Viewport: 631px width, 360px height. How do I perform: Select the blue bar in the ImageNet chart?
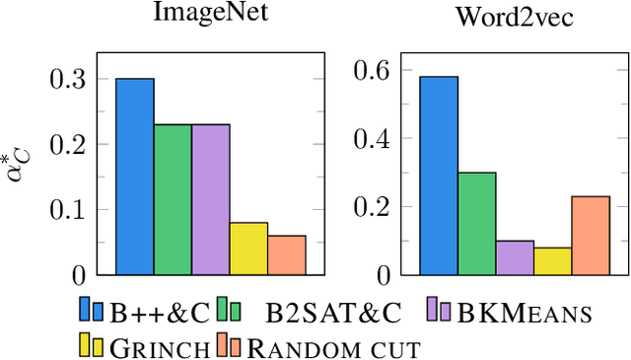coord(135,176)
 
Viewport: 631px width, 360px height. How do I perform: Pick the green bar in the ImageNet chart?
coord(173,199)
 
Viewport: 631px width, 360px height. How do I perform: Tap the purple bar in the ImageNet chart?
coord(211,199)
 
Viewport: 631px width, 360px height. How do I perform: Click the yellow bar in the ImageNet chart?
coord(248,249)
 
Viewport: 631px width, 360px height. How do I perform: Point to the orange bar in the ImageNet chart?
coord(287,254)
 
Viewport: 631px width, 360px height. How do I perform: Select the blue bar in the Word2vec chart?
coord(439,176)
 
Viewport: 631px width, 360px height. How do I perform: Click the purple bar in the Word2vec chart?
coord(515,257)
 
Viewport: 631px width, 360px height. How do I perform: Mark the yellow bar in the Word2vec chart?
coord(553,260)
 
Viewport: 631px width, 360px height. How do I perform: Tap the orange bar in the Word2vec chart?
coord(591,235)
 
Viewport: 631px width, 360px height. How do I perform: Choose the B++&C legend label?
coord(159,313)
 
